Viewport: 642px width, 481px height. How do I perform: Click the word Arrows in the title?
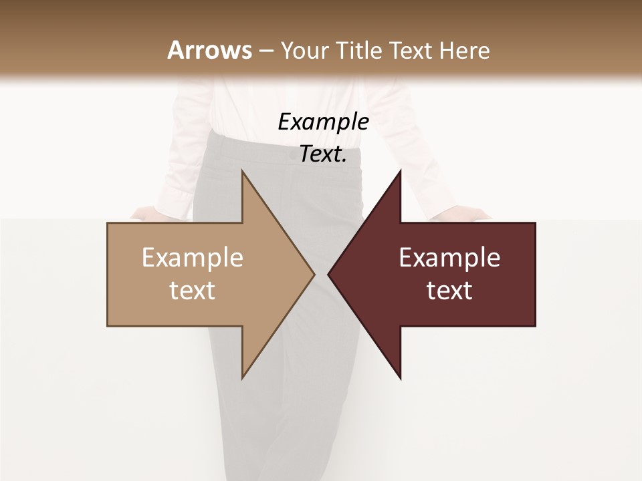(x=209, y=50)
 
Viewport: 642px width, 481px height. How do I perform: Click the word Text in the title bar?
(x=410, y=51)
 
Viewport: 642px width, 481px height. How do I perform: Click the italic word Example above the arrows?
(x=323, y=122)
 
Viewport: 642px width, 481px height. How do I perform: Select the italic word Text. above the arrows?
(x=323, y=154)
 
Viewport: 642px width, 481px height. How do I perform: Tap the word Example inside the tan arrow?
(x=192, y=258)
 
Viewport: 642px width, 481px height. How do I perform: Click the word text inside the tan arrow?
(x=192, y=291)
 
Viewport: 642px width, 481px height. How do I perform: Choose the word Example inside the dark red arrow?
(x=449, y=258)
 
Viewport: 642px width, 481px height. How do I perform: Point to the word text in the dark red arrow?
(x=449, y=291)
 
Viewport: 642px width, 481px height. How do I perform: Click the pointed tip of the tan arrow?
(x=314, y=274)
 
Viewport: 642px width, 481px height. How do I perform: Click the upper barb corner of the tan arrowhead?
(x=242, y=171)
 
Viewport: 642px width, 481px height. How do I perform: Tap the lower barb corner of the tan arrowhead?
(x=242, y=377)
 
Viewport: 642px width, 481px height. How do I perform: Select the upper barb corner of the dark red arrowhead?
(x=401, y=171)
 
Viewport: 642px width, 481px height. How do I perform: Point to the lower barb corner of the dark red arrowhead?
(x=401, y=378)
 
